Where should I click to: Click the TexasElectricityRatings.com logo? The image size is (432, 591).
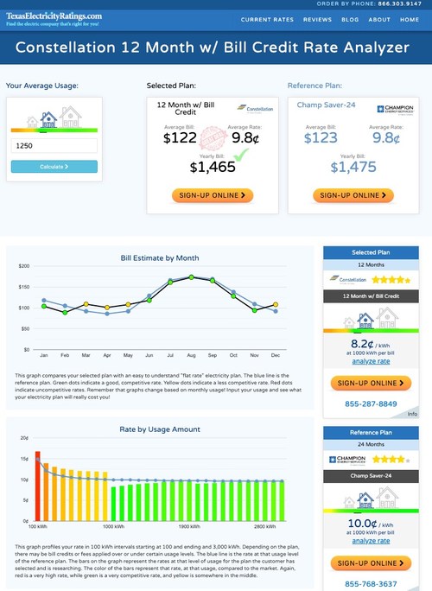[x=53, y=19]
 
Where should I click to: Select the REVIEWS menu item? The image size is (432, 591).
[x=317, y=19]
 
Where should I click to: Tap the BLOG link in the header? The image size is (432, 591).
[x=350, y=19]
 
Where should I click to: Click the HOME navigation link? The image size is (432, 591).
[x=410, y=19]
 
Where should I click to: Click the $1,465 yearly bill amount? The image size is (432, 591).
[x=213, y=166]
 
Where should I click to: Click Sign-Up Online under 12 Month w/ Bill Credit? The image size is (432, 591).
[x=213, y=195]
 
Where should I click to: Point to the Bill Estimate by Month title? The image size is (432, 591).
[x=159, y=257]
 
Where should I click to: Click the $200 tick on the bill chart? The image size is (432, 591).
[x=23, y=266]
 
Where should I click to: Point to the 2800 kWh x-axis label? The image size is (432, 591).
[x=266, y=525]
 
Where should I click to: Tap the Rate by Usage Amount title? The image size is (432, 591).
[x=159, y=429]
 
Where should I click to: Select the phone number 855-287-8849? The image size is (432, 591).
[x=370, y=404]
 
